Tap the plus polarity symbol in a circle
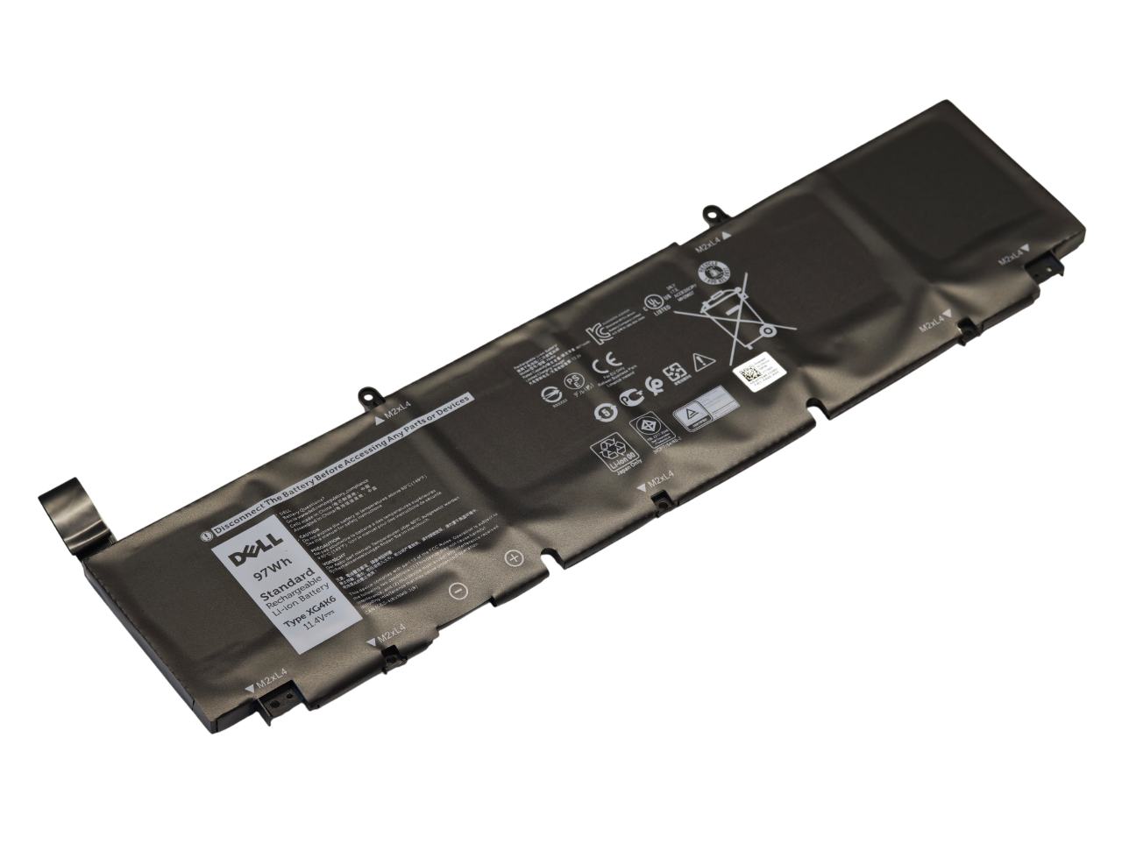click(514, 557)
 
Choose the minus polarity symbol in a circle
click(457, 591)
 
